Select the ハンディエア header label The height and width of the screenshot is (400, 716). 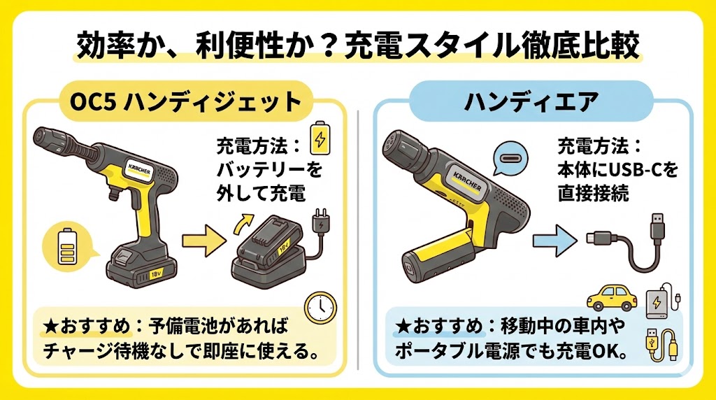tap(531, 102)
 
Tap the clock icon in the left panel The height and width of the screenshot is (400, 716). tap(321, 306)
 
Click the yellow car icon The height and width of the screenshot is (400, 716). tap(610, 297)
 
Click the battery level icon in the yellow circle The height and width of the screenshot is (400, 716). tap(67, 245)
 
